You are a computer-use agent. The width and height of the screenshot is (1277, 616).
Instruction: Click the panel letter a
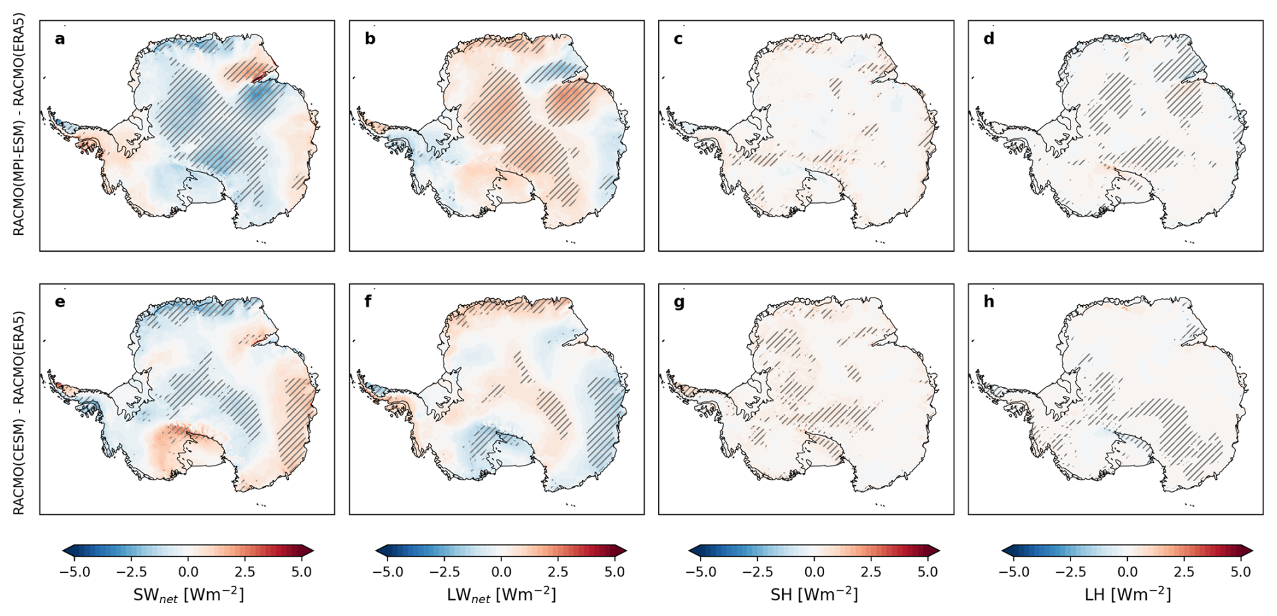click(x=60, y=39)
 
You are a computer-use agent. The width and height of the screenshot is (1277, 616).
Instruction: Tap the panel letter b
click(x=370, y=38)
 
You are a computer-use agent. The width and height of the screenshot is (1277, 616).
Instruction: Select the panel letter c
click(x=678, y=39)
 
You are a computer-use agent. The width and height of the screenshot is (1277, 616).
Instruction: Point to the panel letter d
click(x=989, y=38)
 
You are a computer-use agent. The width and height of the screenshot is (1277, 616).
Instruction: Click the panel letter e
click(x=60, y=302)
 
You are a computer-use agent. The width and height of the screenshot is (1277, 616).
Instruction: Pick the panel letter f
click(x=369, y=302)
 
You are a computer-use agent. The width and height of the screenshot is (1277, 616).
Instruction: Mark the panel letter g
click(x=679, y=304)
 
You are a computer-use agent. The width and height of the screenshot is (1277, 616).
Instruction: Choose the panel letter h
click(x=989, y=302)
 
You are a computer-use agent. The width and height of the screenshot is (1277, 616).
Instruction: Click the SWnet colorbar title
click(x=188, y=595)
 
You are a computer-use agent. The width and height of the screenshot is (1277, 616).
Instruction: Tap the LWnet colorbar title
click(x=501, y=595)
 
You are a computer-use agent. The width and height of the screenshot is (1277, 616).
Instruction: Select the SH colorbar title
click(x=814, y=594)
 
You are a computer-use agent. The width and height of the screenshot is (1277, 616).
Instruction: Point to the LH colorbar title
click(x=1127, y=594)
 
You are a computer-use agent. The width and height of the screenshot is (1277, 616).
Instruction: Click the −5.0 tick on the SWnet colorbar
click(x=75, y=572)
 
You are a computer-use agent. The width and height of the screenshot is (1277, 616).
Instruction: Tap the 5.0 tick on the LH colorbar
click(x=1241, y=572)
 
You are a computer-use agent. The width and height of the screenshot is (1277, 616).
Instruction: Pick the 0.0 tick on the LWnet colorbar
click(x=501, y=572)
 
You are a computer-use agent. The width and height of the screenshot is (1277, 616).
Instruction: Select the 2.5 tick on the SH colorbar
click(x=871, y=572)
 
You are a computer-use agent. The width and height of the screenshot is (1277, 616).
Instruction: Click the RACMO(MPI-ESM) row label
click(x=19, y=124)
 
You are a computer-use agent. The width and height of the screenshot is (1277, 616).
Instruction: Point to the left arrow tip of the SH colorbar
click(x=689, y=551)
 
